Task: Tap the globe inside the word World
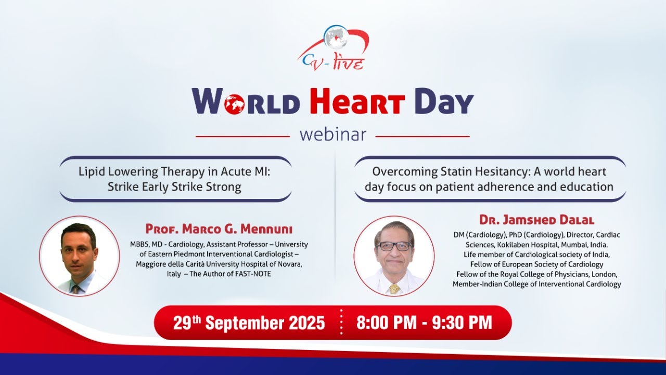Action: coord(235,104)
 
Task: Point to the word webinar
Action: coord(332,134)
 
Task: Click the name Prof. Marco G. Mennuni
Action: coord(219,229)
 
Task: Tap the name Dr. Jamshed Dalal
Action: coord(536,220)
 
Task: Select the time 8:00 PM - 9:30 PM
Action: coord(424,322)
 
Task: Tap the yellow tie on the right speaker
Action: coord(394,288)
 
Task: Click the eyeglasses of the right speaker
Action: coord(393,246)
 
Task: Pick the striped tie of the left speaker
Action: coord(76,288)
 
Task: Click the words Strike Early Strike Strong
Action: coord(174,187)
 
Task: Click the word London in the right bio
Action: coord(603,274)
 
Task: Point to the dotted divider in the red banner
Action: coord(341,322)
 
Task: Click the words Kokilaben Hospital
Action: coord(508,245)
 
